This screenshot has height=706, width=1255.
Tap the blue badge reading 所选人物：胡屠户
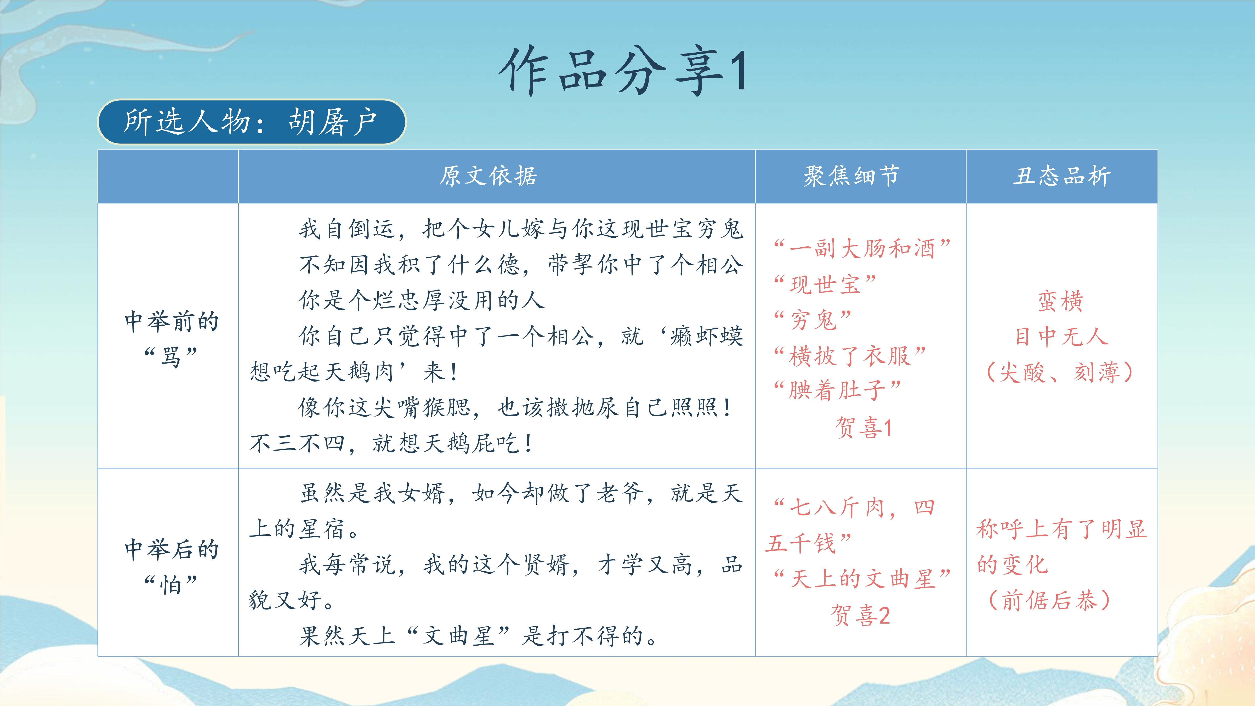click(252, 122)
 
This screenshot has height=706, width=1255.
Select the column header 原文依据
click(488, 176)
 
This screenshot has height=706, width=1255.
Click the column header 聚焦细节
click(851, 176)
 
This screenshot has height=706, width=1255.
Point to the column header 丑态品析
click(1061, 176)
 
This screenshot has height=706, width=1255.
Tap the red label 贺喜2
click(860, 615)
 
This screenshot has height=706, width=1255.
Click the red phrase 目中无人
click(1061, 336)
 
